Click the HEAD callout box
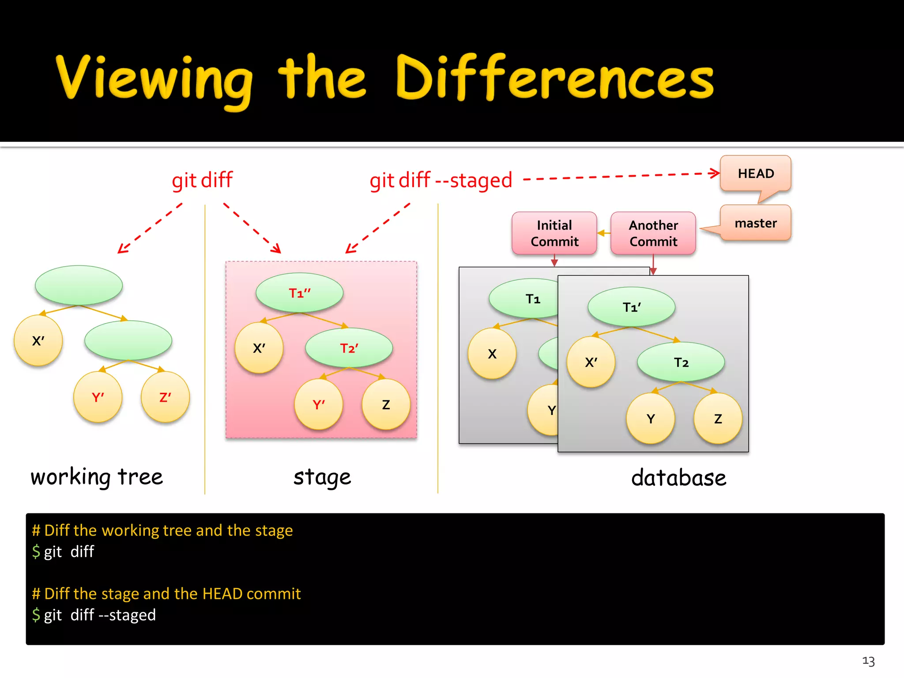pyautogui.click(x=755, y=173)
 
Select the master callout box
pyautogui.click(x=755, y=223)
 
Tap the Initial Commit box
pyautogui.click(x=554, y=233)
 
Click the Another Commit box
pyautogui.click(x=653, y=233)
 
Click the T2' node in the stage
pyautogui.click(x=349, y=348)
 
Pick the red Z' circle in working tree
pyautogui.click(x=165, y=397)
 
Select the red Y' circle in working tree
pyautogui.click(x=98, y=397)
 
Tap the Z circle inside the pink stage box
pyautogui.click(x=386, y=405)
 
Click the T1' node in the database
pyautogui.click(x=631, y=307)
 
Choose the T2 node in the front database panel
pyautogui.click(x=681, y=362)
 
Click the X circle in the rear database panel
pyautogui.click(x=492, y=354)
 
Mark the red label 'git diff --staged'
pyautogui.click(x=441, y=180)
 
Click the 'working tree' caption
pyautogui.click(x=97, y=477)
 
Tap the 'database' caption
pyautogui.click(x=678, y=478)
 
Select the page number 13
pyautogui.click(x=868, y=661)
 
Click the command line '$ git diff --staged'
pyautogui.click(x=94, y=615)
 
